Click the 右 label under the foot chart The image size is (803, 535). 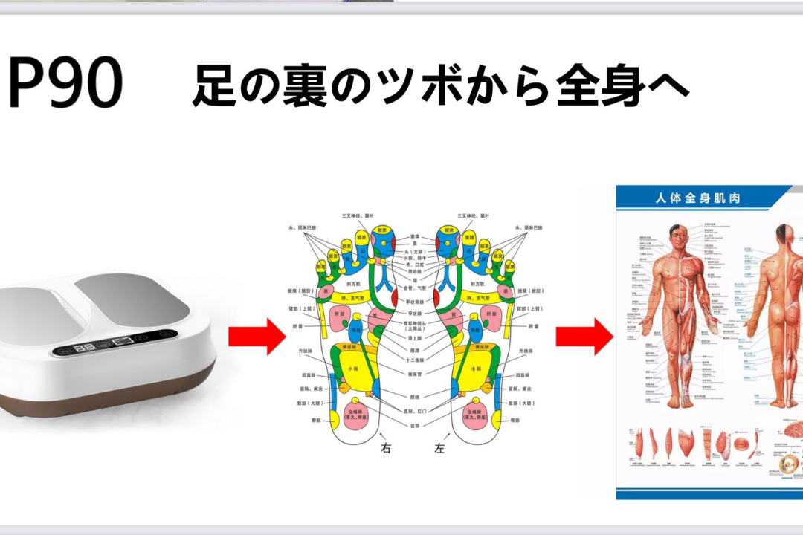386,448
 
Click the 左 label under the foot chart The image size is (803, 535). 439,448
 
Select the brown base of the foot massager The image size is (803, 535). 112,401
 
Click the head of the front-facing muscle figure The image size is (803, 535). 675,233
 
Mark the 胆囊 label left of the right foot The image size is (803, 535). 295,326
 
